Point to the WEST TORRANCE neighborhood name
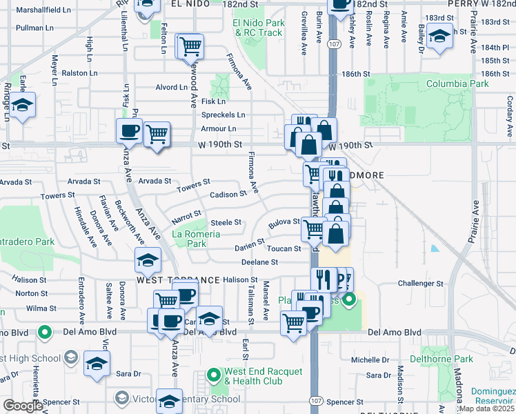coord(179,280)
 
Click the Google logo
coord(23,406)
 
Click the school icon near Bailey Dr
coord(439,36)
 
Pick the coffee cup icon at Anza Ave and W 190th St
coord(129,130)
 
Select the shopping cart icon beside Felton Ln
coord(190,46)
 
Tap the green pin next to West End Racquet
coord(213,377)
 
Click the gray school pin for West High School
coord(70,358)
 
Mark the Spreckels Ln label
coord(223,115)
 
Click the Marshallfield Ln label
coord(43,10)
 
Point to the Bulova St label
coord(284,222)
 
